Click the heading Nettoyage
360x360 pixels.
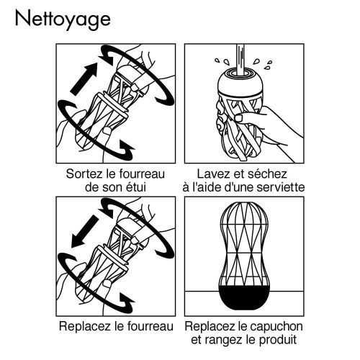[x=62, y=19]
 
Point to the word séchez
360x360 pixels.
[x=267, y=175]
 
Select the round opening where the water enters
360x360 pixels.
[x=237, y=72]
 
